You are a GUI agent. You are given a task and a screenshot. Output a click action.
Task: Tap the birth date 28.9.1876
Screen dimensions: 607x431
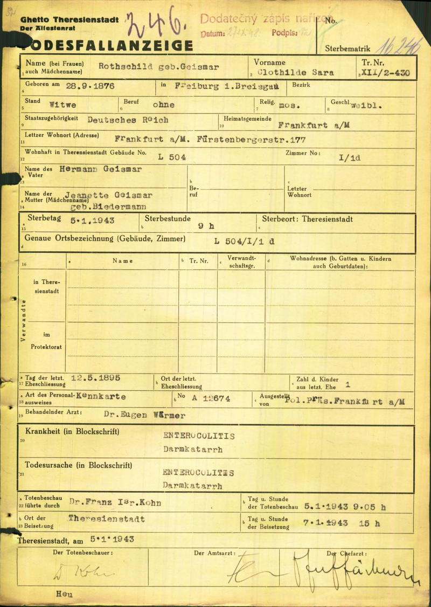[91, 86]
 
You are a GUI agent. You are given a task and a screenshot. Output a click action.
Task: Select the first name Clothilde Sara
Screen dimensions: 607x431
[296, 72]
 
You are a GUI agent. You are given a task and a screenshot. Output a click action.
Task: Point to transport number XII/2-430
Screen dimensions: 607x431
[385, 72]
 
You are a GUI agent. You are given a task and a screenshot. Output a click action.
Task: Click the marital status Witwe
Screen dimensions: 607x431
[62, 105]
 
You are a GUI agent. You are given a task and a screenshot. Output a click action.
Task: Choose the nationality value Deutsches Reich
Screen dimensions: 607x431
[128, 120]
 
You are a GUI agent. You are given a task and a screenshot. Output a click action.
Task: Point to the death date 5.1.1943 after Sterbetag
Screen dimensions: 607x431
[93, 220]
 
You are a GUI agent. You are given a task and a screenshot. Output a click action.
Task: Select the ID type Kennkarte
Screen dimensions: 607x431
[101, 396]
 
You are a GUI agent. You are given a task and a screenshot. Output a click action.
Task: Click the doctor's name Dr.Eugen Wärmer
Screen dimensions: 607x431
[144, 415]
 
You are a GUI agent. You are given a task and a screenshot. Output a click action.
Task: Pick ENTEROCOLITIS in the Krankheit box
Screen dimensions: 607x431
[199, 436]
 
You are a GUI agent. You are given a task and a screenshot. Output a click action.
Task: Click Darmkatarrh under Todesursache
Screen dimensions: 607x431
[192, 486]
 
